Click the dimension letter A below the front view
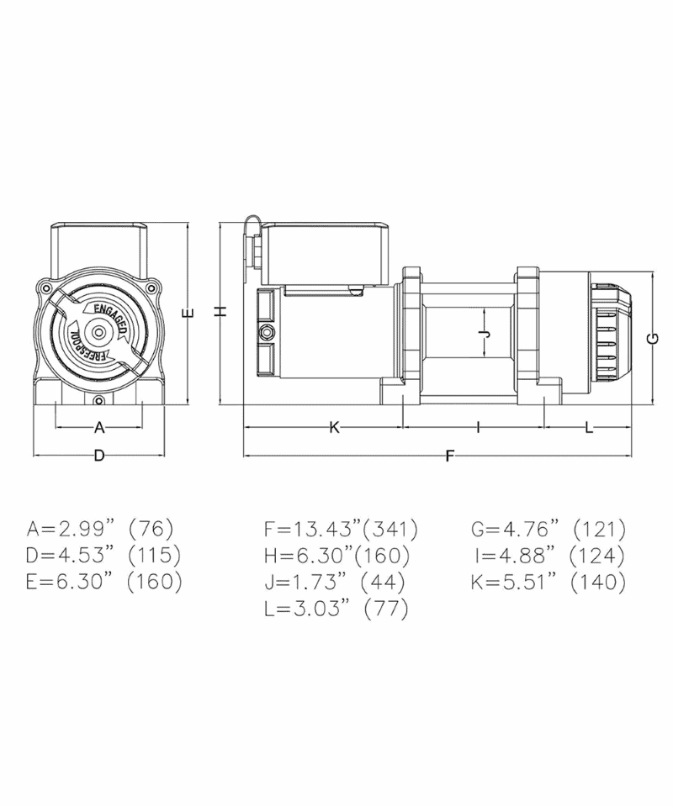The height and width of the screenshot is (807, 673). point(99,427)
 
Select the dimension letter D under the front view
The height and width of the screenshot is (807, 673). point(99,456)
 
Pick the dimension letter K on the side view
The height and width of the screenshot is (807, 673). point(333,427)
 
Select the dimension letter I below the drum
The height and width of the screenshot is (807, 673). point(478,427)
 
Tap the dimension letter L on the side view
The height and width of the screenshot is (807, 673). point(589,427)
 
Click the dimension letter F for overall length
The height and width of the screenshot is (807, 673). point(449,456)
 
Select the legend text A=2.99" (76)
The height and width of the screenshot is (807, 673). point(100,529)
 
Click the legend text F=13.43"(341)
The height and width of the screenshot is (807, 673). point(341,529)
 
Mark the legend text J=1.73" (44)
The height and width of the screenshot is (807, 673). point(335,582)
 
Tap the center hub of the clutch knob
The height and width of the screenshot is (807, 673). point(98,333)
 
